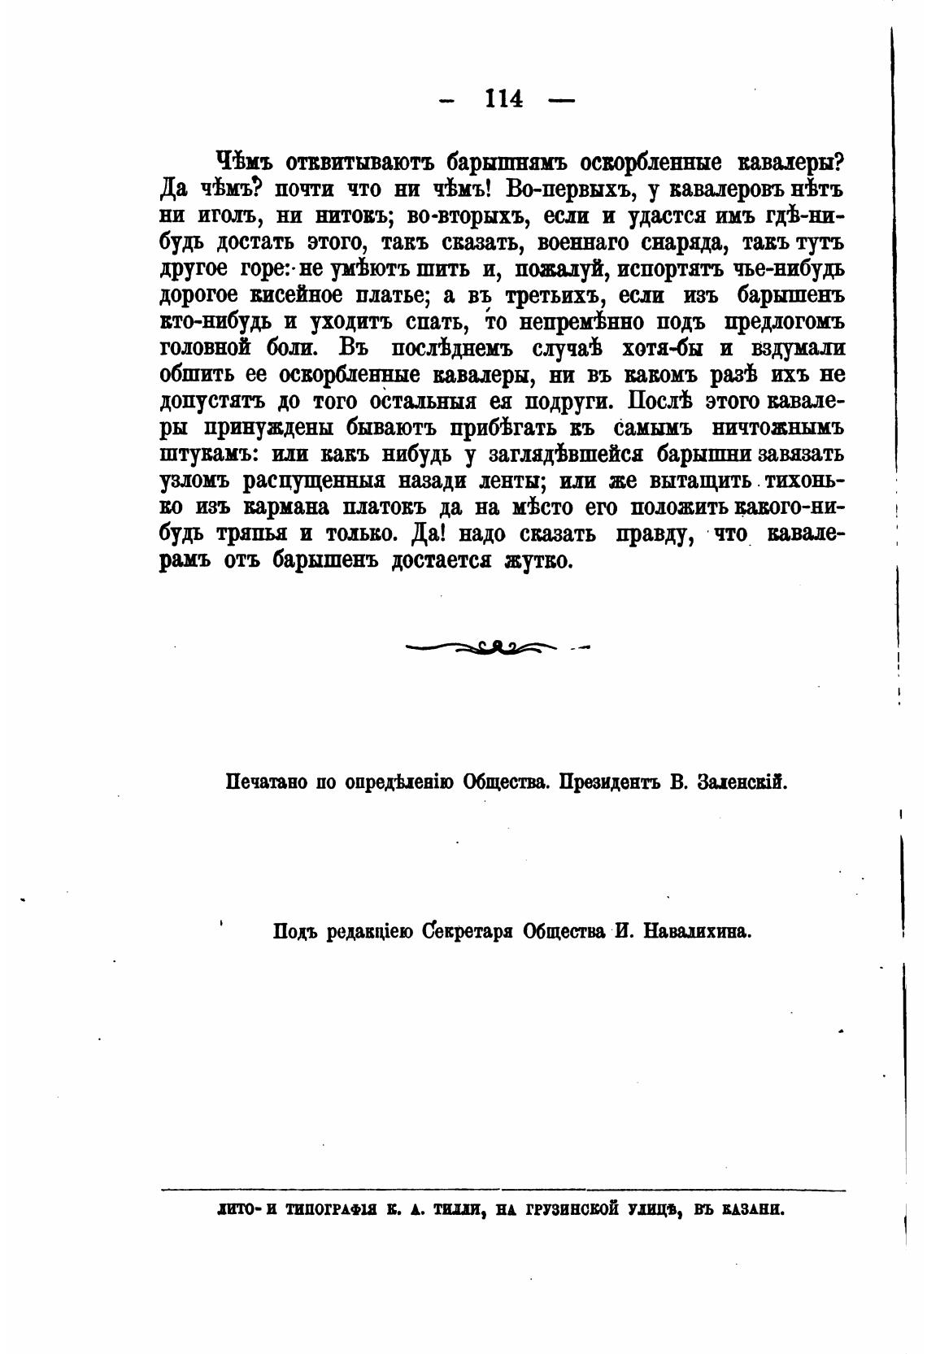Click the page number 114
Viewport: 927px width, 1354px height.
[x=503, y=98]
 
